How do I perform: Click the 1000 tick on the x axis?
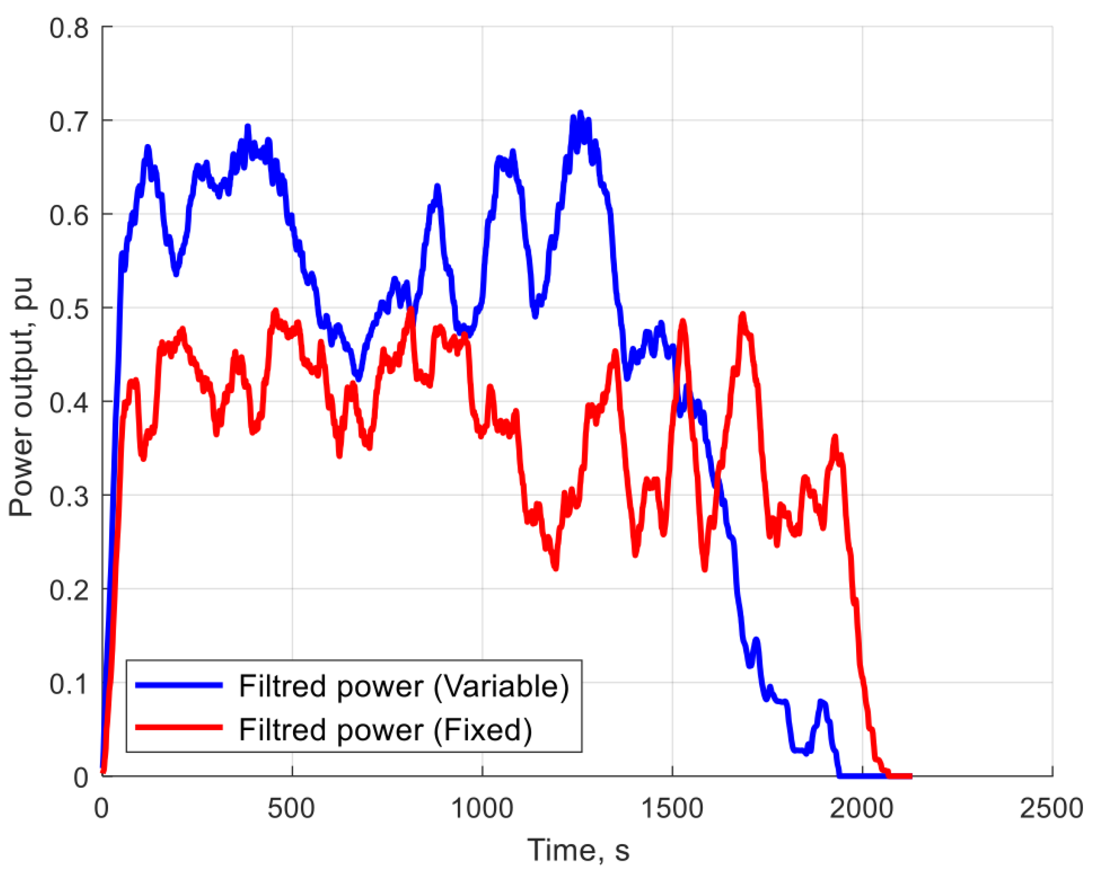coord(482,808)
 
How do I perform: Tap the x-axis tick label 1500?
coord(672,808)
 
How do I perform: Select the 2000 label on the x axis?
coord(861,808)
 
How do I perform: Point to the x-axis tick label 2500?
coord(1051,808)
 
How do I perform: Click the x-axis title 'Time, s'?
coord(578,850)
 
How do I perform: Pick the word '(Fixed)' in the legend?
coord(482,729)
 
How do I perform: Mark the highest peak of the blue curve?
coord(580,114)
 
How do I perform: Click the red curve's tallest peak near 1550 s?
coord(682,321)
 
